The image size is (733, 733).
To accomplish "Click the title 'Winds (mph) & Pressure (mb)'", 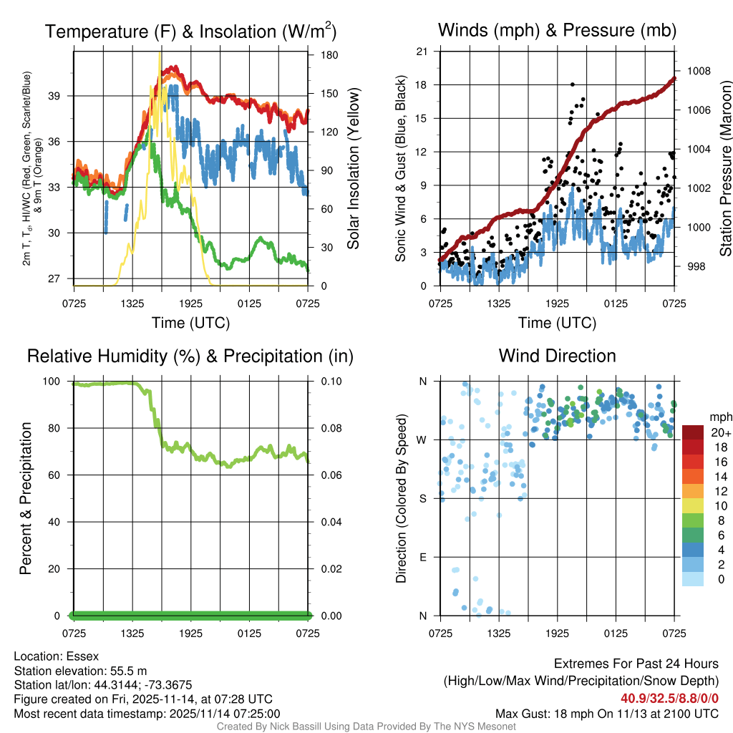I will [x=557, y=30].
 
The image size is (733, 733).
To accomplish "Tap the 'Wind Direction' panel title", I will [x=557, y=355].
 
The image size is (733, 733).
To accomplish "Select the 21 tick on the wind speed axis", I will [x=422, y=51].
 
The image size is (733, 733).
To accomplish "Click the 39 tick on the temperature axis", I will [x=61, y=96].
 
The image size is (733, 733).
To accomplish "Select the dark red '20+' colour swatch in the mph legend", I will [x=694, y=432].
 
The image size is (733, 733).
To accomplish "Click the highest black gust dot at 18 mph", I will [x=573, y=84].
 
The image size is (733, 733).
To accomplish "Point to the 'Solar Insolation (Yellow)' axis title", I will [x=353, y=169].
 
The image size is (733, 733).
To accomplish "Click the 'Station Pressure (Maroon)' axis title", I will [x=725, y=169].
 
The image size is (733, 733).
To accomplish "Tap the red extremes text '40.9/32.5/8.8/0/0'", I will [x=669, y=699].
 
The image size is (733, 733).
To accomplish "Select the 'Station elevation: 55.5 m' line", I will [x=80, y=671].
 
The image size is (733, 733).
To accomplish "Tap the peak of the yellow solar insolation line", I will [x=160, y=54].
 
